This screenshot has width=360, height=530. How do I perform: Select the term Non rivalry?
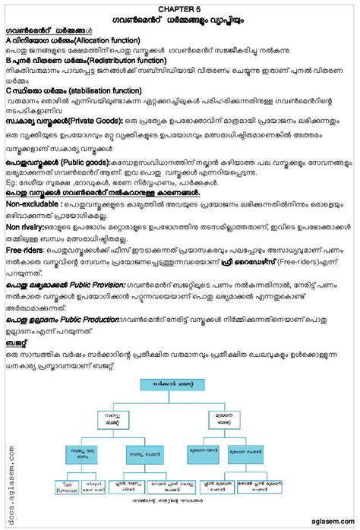click(27, 226)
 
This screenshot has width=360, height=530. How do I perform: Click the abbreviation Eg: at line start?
click(11, 182)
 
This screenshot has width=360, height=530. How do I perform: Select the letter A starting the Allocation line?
click(8, 38)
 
